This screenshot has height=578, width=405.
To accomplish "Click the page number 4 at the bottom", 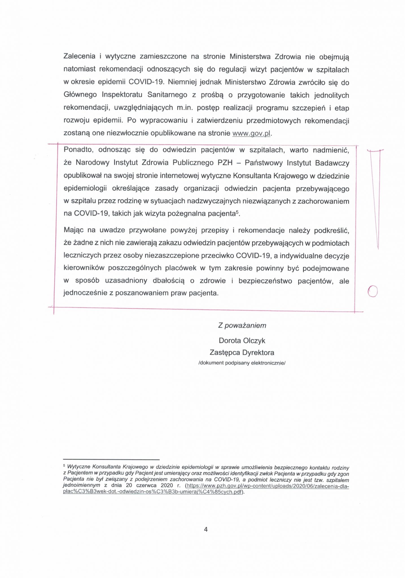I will pyautogui.click(x=205, y=529).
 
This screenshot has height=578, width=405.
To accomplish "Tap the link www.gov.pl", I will pyautogui.click(x=251, y=133).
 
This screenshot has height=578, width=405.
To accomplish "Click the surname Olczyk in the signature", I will pyautogui.click(x=253, y=341).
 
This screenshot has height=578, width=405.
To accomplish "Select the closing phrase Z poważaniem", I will pyautogui.click(x=242, y=325).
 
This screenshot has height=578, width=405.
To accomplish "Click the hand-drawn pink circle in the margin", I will pyautogui.click(x=373, y=291).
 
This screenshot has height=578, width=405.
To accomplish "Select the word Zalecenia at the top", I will pyautogui.click(x=80, y=56).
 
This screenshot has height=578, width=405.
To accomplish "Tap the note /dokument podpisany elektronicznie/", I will pyautogui.click(x=242, y=363).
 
